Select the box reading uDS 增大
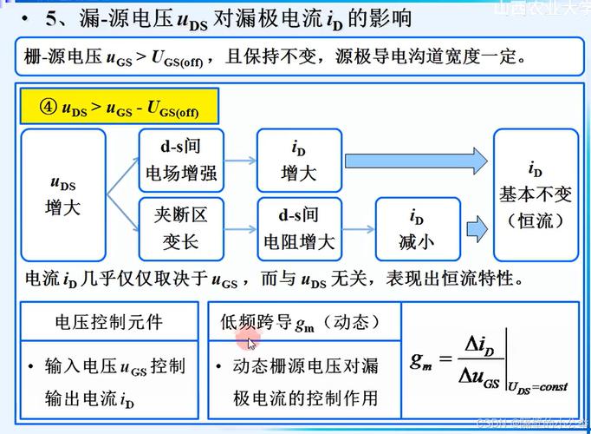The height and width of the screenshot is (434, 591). (x=63, y=195)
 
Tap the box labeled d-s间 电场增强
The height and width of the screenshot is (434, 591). (x=182, y=160)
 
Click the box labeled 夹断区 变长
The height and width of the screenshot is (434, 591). (x=182, y=227)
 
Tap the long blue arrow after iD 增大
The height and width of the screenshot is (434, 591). (x=416, y=161)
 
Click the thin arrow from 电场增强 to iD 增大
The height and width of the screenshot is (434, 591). (x=240, y=161)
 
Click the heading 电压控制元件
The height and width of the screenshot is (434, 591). (x=109, y=322)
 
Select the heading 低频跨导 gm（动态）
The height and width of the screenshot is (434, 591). (x=302, y=323)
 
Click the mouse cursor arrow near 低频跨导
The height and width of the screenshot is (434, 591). (x=252, y=343)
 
